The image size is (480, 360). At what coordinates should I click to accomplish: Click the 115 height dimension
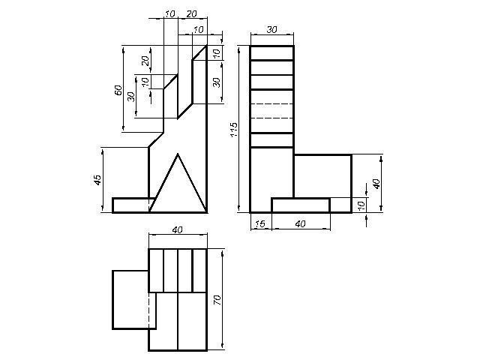pos(234,130)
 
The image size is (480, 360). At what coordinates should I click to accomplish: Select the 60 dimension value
pos(118,90)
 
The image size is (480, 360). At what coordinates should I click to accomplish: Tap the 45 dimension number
pos(97,180)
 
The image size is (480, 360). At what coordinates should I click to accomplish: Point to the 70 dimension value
pos(217,299)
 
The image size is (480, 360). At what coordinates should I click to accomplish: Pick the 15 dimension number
pos(260,223)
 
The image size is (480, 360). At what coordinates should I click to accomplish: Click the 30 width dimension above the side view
pos(271,30)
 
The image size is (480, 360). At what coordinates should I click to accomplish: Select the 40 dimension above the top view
pos(177,229)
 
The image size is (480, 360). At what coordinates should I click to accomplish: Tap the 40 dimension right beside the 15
pos(300,223)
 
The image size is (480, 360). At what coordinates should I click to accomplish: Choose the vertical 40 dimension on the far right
pos(376,184)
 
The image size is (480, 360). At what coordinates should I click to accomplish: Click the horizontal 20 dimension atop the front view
pos(192,13)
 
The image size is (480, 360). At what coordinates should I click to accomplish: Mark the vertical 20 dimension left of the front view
pos(145,61)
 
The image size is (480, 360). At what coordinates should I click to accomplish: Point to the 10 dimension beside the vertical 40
pos(361,205)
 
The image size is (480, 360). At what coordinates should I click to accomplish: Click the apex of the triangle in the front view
pos(178,154)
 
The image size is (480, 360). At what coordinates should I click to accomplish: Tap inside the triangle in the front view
pos(178,193)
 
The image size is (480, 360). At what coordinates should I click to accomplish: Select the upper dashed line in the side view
pos(271,104)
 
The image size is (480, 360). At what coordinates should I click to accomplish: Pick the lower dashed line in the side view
pos(271,118)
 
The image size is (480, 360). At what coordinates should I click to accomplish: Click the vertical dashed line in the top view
pos(149,310)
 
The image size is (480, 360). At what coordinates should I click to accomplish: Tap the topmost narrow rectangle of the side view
pos(271,53)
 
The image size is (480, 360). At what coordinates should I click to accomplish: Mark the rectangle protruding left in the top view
pos(134,300)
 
